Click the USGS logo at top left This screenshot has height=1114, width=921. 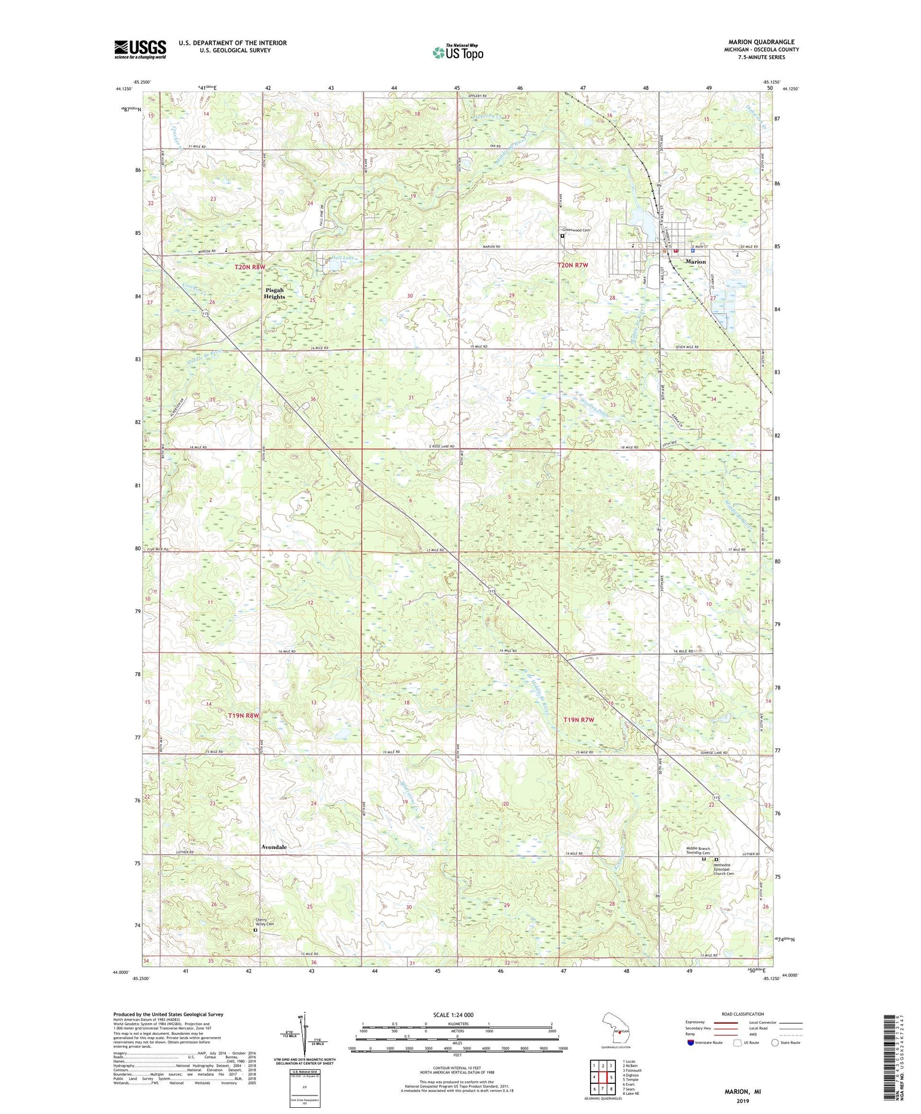pyautogui.click(x=140, y=49)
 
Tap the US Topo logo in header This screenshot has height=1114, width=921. pyautogui.click(x=457, y=53)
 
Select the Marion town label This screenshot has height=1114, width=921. pyautogui.click(x=696, y=262)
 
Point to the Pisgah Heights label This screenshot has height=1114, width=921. pyautogui.click(x=274, y=293)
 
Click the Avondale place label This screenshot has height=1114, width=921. pyautogui.click(x=274, y=847)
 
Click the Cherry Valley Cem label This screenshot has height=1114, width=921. pyautogui.click(x=265, y=922)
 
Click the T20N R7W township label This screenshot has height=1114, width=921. pyautogui.click(x=572, y=265)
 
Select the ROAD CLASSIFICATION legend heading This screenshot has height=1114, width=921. pyautogui.click(x=743, y=1014)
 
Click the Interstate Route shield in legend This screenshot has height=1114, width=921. pyautogui.click(x=691, y=1043)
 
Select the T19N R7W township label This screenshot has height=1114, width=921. pyautogui.click(x=579, y=719)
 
